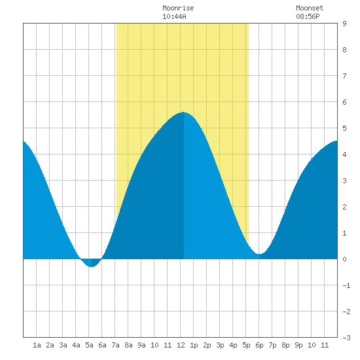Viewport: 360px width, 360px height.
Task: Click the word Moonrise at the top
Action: (178, 8)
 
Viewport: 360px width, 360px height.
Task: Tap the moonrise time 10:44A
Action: (174, 16)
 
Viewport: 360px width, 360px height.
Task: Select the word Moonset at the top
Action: (310, 8)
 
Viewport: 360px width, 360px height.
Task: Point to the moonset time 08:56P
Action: (308, 16)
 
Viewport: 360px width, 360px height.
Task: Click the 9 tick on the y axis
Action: (344, 24)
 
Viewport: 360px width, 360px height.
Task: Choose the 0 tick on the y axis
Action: (344, 259)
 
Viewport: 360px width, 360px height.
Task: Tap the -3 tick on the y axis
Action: (346, 338)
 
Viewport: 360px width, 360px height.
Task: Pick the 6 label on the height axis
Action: (344, 102)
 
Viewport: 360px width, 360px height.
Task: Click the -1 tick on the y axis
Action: (346, 285)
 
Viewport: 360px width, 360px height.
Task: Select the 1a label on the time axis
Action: (37, 345)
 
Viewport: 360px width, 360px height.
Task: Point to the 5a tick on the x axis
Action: (89, 345)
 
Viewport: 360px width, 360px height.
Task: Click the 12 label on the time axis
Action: (181, 345)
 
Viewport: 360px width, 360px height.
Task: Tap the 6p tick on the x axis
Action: (259, 345)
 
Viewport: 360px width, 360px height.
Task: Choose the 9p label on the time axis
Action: (298, 345)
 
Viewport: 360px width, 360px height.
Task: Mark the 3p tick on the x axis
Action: (220, 345)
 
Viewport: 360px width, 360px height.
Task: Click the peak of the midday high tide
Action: (183, 113)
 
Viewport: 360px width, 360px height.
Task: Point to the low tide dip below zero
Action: (92, 266)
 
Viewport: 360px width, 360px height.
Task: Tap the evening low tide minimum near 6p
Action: (259, 254)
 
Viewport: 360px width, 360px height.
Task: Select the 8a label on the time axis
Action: (128, 345)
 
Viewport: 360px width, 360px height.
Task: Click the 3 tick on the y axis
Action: (344, 181)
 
